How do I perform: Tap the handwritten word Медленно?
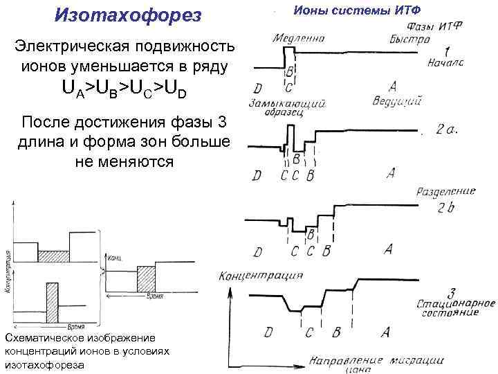(299, 38)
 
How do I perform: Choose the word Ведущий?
(398, 101)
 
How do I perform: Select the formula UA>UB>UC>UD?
(124, 89)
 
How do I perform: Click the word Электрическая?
(76, 46)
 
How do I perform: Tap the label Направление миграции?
(366, 362)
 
